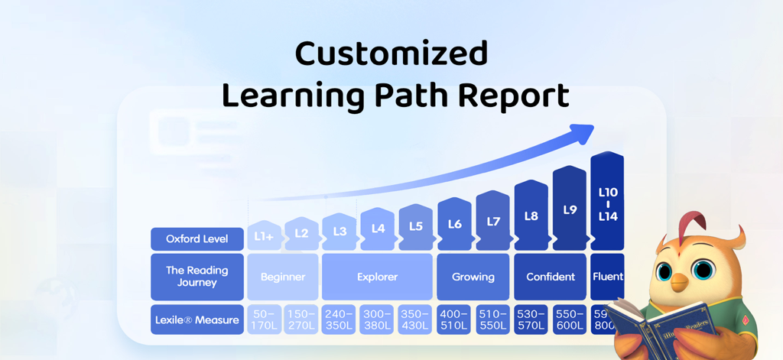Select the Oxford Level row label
tap(197, 238)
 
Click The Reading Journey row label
tap(197, 276)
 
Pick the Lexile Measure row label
tap(197, 319)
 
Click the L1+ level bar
tap(264, 236)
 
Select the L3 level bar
tap(340, 231)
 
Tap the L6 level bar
tap(454, 224)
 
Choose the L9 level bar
tap(570, 209)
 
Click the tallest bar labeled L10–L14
tap(608, 203)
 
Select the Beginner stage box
tap(283, 277)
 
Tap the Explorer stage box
tap(378, 277)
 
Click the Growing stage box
tap(473, 277)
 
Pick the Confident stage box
tap(551, 277)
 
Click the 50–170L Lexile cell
tap(264, 319)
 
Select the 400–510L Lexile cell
tap(454, 319)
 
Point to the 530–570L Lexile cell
tap(531, 319)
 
